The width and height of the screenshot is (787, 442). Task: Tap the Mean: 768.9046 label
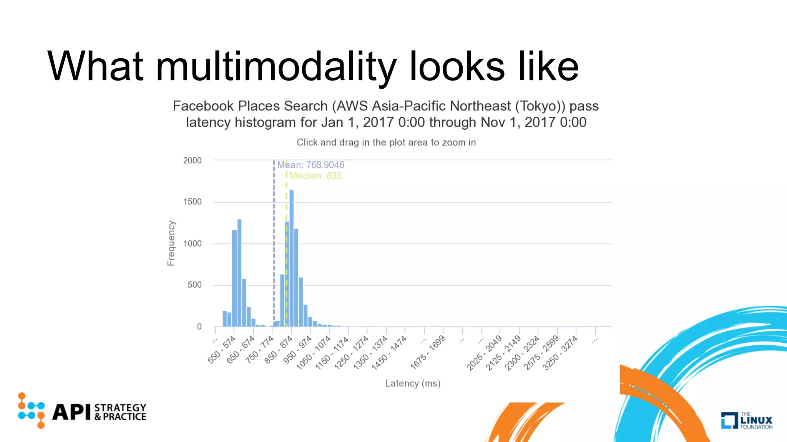point(310,165)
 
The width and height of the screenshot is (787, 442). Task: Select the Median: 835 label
point(315,176)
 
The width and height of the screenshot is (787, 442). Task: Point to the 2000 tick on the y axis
point(192,160)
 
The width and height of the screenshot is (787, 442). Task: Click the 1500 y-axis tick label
point(192,202)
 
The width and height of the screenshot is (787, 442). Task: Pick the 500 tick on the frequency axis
point(194,285)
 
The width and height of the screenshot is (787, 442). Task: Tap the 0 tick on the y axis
point(199,327)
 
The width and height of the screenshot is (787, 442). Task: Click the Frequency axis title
point(171,243)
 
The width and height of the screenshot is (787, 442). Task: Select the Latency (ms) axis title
point(413,383)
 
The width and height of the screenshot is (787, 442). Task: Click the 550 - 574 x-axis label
point(221,350)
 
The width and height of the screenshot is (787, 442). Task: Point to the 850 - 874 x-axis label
point(279,350)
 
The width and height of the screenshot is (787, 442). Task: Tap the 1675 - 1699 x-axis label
point(427,352)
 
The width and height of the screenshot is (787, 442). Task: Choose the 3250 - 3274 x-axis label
point(560,353)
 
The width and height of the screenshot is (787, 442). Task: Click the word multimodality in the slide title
point(276,67)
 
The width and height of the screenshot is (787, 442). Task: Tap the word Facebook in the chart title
point(203,106)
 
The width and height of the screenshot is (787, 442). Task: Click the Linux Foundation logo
point(747,420)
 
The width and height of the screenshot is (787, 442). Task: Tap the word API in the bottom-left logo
point(71,412)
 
